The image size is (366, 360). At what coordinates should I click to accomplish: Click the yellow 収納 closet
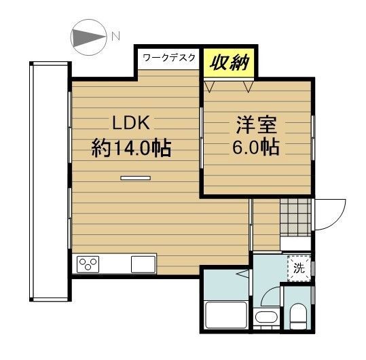click(227, 64)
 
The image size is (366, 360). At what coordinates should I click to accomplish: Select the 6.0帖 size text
click(256, 148)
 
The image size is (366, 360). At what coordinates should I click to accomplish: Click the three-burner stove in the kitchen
click(90, 263)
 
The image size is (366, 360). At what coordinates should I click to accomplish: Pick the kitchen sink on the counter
click(143, 263)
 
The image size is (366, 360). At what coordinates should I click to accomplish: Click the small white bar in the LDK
click(135, 178)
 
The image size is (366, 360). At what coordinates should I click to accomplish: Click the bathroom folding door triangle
click(242, 274)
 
